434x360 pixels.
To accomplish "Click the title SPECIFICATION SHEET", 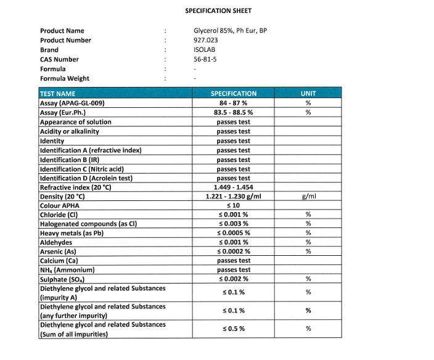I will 218,10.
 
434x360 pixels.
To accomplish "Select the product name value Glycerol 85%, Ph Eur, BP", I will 230,31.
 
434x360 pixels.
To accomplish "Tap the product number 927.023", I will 205,40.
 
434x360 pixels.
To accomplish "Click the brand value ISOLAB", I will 204,50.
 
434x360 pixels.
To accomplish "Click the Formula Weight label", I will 65,78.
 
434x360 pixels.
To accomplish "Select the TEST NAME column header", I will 57,94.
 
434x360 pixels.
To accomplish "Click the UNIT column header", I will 308,94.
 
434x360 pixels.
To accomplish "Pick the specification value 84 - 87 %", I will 234,103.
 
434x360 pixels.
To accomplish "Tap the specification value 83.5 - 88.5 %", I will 234,113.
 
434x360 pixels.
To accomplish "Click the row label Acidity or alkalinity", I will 69,131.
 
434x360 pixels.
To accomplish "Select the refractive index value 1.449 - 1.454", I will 234,187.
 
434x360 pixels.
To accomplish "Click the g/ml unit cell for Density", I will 308,197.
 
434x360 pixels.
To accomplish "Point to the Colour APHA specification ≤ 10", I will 234,206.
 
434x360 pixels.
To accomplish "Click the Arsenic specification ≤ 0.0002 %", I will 234,251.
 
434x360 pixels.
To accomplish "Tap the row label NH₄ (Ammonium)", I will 67,270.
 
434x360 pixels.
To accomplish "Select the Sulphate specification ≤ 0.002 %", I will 234,279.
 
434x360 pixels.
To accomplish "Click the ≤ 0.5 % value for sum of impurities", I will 234,329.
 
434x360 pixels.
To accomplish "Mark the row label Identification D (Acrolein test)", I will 86,178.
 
